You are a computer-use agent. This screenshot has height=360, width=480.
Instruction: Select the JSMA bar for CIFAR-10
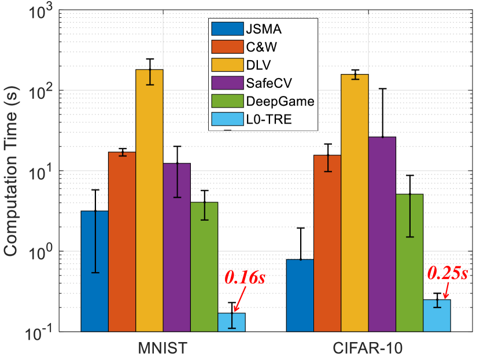[x=300, y=295]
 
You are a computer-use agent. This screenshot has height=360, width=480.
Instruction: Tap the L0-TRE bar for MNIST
[x=231, y=322]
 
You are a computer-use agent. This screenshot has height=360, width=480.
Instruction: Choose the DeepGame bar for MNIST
[x=204, y=266]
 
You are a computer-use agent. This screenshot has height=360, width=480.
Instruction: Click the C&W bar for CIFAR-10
[x=327, y=243]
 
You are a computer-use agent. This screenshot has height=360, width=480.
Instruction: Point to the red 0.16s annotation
[x=243, y=279]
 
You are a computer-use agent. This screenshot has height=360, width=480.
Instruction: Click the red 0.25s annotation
[x=446, y=273]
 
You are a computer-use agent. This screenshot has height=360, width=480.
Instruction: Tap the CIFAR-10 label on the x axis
[x=368, y=348]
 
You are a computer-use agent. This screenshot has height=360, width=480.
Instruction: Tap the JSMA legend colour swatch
[x=226, y=27]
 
